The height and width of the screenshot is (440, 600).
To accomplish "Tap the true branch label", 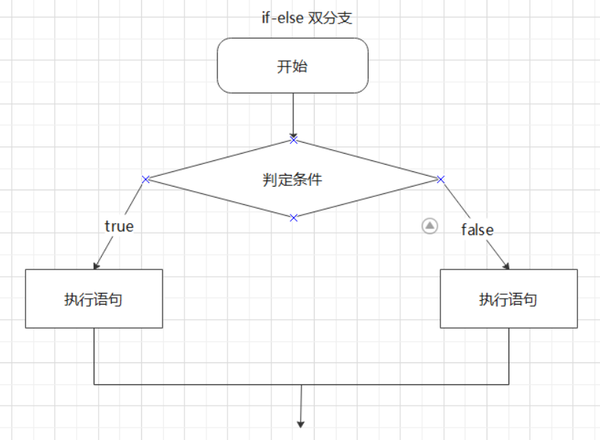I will pyautogui.click(x=119, y=226).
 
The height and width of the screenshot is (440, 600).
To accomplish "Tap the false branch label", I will pyautogui.click(x=477, y=230).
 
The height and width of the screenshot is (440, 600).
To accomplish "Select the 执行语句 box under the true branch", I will pyautogui.click(x=94, y=299).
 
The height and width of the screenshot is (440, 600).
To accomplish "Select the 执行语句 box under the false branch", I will pyautogui.click(x=509, y=299).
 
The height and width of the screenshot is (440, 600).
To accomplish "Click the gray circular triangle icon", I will pyautogui.click(x=430, y=226).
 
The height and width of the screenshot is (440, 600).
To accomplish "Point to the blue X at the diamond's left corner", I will pyautogui.click(x=146, y=179).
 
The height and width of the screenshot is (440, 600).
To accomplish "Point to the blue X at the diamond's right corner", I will pyautogui.click(x=440, y=179).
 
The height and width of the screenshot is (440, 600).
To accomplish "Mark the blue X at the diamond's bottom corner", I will pyautogui.click(x=293, y=217).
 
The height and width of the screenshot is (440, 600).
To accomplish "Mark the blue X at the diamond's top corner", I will pyautogui.click(x=293, y=139).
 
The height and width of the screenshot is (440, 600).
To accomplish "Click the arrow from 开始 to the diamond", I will pyautogui.click(x=293, y=114).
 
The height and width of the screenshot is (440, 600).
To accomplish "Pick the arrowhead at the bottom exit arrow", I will pyautogui.click(x=300, y=423).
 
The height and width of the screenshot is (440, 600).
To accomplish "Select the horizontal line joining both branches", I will pyautogui.click(x=220, y=384).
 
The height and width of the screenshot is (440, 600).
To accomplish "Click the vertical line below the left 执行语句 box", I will pyautogui.click(x=94, y=356).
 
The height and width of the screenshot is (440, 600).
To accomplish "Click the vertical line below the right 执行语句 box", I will pyautogui.click(x=509, y=356).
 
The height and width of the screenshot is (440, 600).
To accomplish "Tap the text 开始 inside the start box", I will pyautogui.click(x=293, y=67).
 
